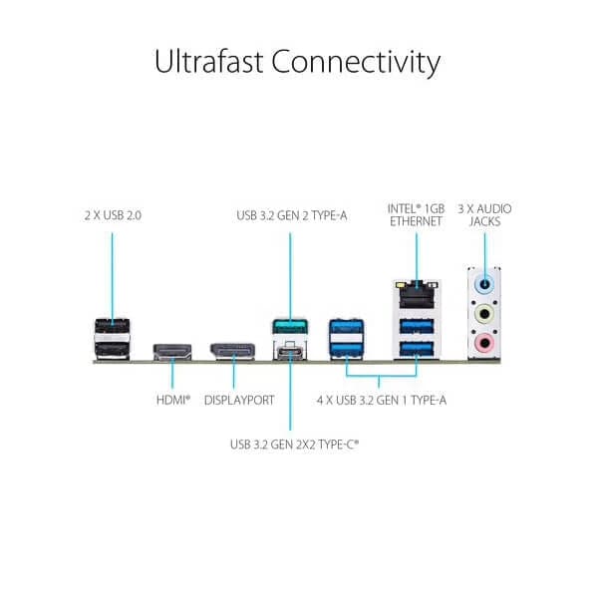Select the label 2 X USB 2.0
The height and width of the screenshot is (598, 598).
[113, 213]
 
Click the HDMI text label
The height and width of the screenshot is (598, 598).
[172, 402]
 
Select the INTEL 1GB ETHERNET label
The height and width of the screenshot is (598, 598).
[414, 214]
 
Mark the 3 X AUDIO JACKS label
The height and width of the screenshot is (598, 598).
[484, 214]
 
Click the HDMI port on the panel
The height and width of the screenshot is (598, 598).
[171, 351]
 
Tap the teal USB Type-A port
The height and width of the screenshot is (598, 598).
[289, 327]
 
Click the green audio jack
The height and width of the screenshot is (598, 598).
[485, 315]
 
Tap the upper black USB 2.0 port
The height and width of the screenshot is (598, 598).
[112, 326]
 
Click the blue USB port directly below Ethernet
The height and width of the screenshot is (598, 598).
[414, 326]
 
